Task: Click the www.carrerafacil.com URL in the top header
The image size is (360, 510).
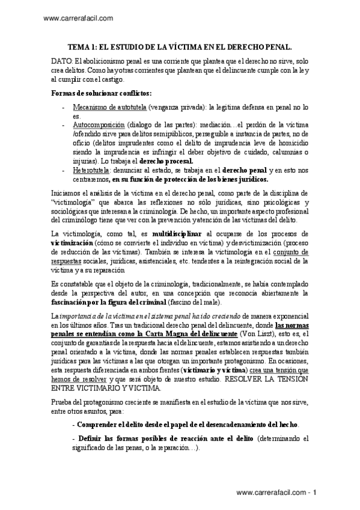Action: tap(79, 19)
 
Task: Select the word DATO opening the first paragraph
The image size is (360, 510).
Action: tap(61, 62)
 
